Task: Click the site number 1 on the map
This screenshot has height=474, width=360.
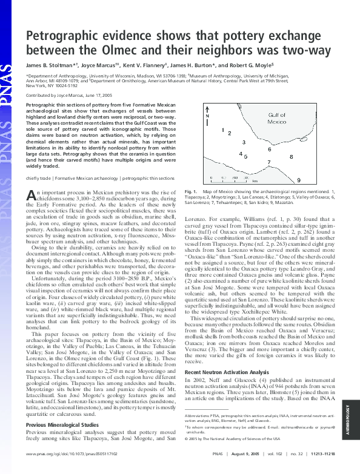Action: [223, 129]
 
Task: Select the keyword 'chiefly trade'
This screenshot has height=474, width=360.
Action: [38, 179]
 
